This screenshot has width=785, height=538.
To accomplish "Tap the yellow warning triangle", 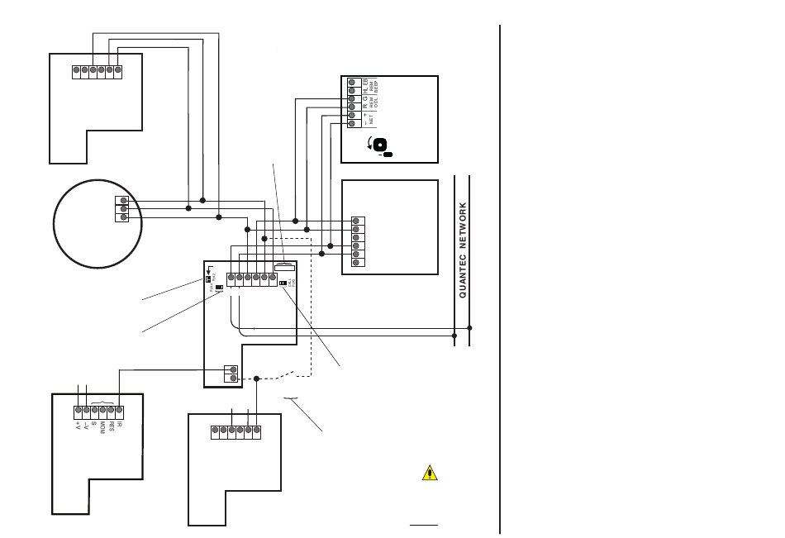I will [x=429, y=474].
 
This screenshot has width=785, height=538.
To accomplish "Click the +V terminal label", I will [x=77, y=424].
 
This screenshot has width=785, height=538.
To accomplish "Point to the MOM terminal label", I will [x=102, y=428].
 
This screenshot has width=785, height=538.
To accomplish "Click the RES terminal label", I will [x=112, y=426].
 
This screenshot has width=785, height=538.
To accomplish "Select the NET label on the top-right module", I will [x=373, y=119].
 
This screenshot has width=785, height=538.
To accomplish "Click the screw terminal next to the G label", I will [x=352, y=98].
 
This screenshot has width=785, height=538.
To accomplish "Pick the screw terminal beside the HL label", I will [x=352, y=89].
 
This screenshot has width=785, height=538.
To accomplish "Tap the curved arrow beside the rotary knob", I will [x=369, y=145].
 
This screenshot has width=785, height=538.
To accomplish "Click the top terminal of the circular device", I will [x=124, y=201].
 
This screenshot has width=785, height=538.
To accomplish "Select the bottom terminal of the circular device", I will [x=124, y=218].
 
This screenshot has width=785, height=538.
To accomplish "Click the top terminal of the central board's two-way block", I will [x=233, y=370].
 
